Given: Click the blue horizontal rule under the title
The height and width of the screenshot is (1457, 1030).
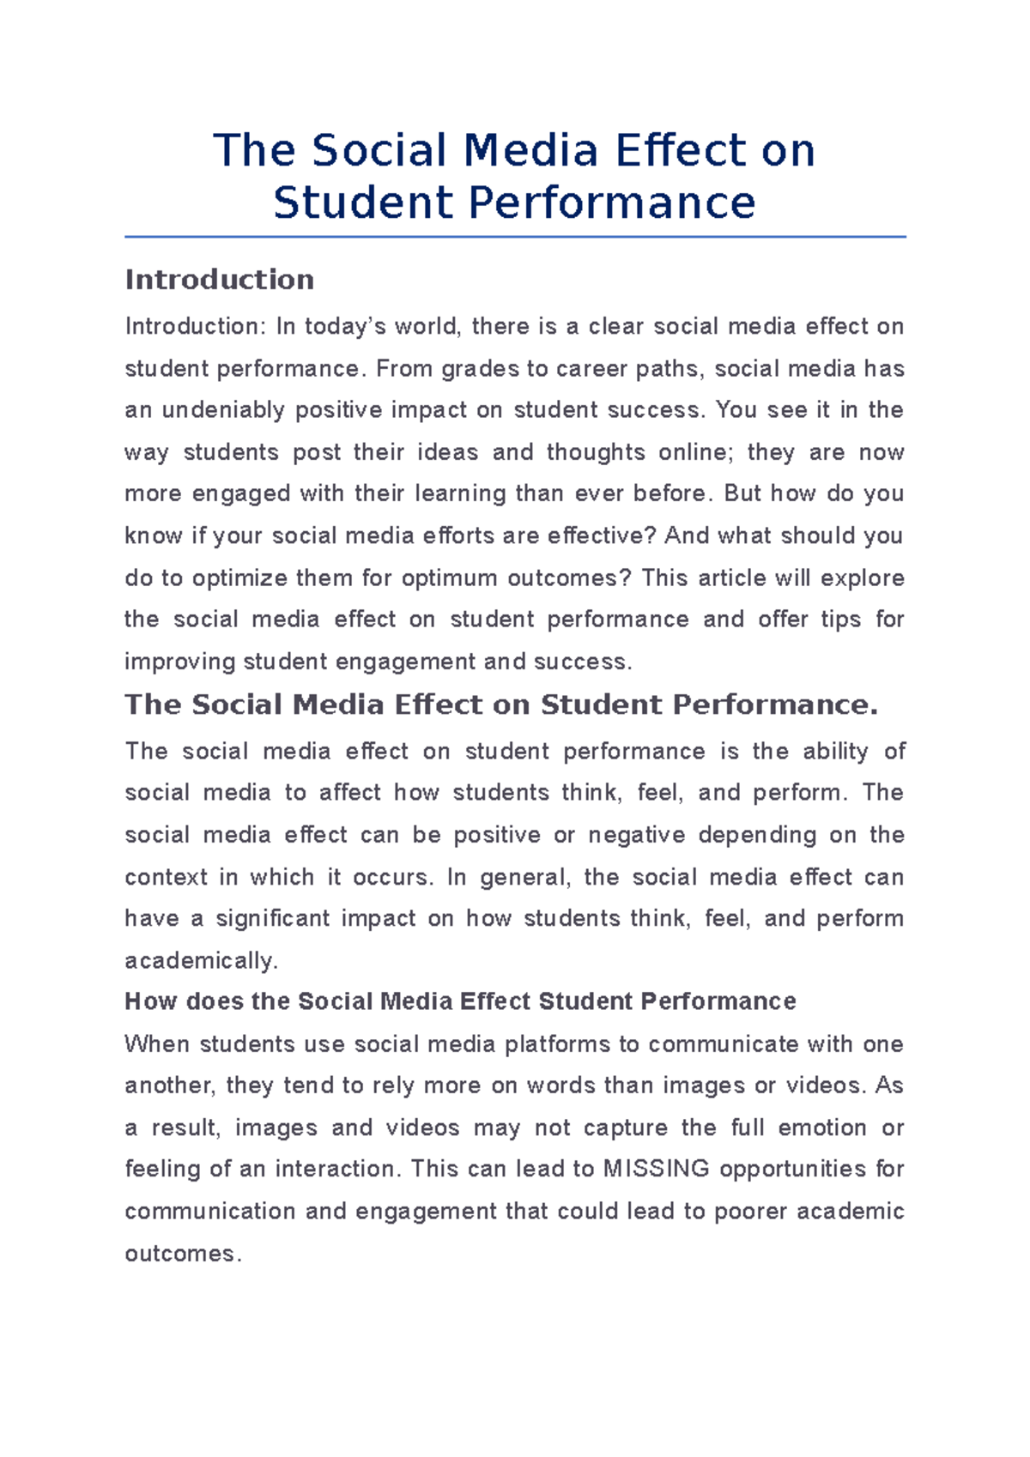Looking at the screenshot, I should pyautogui.click(x=515, y=237).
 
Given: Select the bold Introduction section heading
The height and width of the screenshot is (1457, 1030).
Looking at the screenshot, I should pyautogui.click(x=220, y=280).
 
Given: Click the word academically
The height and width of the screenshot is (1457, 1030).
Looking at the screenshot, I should pyautogui.click(x=201, y=961).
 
